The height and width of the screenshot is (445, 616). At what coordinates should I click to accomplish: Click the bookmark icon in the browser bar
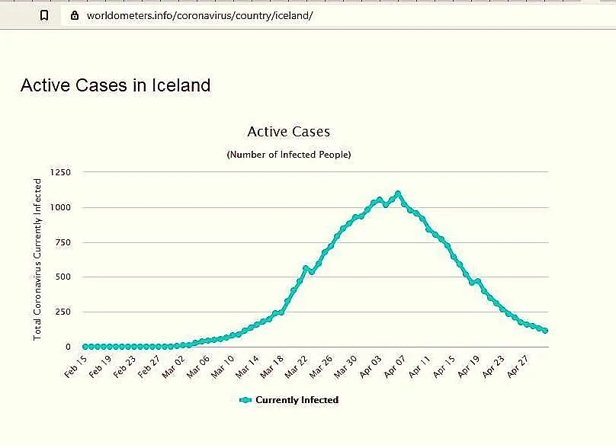tap(44, 15)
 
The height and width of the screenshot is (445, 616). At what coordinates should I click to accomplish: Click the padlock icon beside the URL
tap(74, 15)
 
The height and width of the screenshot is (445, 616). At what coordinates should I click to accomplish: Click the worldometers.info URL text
tap(200, 15)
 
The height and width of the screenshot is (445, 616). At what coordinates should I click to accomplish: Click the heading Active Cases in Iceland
tap(115, 85)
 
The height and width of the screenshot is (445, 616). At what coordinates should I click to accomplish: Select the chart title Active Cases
tap(289, 132)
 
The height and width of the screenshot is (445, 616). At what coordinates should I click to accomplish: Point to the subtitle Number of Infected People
tap(289, 155)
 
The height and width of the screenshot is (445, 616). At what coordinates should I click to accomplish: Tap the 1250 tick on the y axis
tap(60, 173)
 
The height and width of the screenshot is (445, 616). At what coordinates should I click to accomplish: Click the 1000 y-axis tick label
tap(60, 207)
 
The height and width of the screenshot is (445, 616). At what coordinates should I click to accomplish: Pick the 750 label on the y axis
tap(63, 242)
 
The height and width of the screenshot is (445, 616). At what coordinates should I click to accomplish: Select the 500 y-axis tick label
tap(63, 277)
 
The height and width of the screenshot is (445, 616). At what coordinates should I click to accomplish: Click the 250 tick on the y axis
tap(63, 312)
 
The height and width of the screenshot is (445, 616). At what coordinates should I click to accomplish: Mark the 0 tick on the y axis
tap(68, 347)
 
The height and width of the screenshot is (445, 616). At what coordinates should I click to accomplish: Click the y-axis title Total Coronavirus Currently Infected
tap(37, 259)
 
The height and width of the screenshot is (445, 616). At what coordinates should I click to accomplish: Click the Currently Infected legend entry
tap(289, 400)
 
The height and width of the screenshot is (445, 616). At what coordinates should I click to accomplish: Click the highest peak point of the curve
tap(398, 194)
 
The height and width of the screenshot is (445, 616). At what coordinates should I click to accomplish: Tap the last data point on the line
tap(545, 331)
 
